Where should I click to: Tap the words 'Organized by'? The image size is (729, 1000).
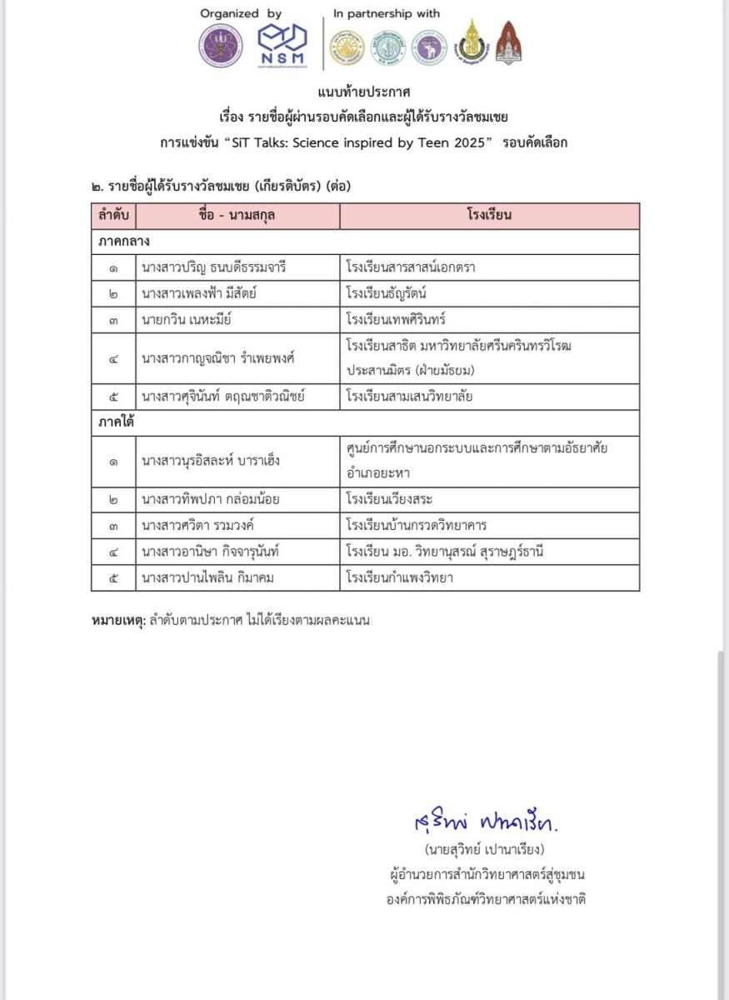click(241, 14)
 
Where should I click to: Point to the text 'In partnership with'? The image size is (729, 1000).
click(387, 14)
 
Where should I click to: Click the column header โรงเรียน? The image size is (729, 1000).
click(489, 216)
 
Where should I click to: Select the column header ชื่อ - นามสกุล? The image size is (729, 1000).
click(237, 216)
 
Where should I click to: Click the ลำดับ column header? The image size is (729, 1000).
click(113, 216)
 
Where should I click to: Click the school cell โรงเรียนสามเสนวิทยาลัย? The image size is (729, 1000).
click(409, 397)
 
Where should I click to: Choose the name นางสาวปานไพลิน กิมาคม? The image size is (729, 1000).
click(214, 577)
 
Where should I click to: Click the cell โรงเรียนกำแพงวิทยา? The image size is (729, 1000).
click(400, 577)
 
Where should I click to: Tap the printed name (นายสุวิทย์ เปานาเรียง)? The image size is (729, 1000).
click(484, 850)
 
